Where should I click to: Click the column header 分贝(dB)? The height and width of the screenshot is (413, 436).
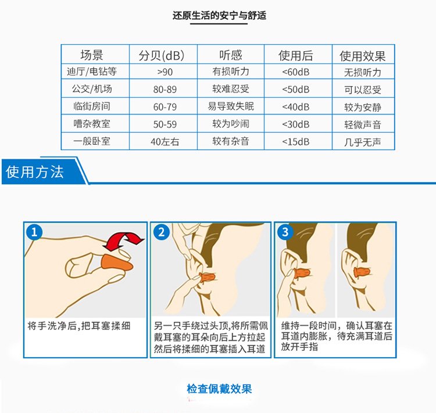tap(162, 55)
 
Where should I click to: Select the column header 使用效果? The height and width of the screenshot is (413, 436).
tap(362, 56)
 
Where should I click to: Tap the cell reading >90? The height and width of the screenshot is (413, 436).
tap(165, 72)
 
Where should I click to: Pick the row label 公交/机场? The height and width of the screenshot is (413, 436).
tap(92, 89)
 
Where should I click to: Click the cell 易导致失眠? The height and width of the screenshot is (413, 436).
tap(231, 106)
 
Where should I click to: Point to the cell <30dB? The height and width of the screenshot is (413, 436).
tap(295, 124)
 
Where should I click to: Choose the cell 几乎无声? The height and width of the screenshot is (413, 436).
tap(362, 142)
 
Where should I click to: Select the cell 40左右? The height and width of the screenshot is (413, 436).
tap(165, 142)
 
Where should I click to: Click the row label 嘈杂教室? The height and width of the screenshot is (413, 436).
tap(92, 123)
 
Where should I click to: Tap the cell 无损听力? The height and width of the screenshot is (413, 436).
tap(362, 72)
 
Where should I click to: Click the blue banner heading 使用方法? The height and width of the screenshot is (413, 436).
tap(35, 172)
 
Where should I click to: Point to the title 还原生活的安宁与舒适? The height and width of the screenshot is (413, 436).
tap(219, 15)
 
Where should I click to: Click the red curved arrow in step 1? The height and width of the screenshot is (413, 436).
tap(123, 240)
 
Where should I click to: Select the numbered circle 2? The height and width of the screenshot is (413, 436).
tap(162, 232)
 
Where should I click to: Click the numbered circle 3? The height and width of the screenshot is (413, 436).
tap(285, 232)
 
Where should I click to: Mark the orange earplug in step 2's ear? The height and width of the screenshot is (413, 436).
tap(207, 277)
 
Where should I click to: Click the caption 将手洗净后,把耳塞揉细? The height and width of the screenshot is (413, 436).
tap(79, 326)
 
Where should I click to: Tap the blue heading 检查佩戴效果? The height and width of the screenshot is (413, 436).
tap(219, 389)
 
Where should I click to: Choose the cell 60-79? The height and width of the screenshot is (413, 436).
tap(165, 107)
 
